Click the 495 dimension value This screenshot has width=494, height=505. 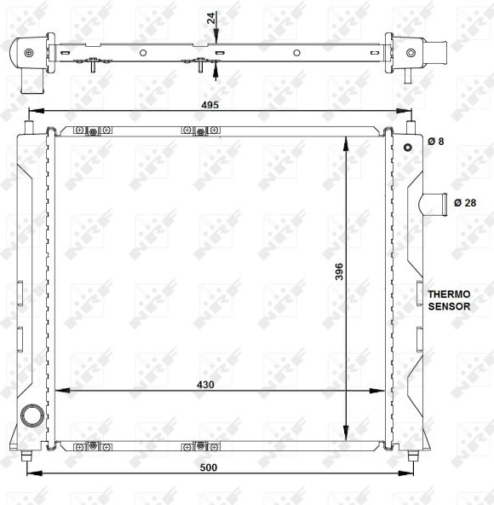[x=210, y=105]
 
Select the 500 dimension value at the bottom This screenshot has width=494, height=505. [x=209, y=467]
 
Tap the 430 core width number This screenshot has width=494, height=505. [x=205, y=385]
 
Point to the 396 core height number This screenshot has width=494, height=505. [x=339, y=271]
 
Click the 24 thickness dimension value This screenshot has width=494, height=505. [x=211, y=18]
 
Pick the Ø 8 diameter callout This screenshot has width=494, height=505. [x=436, y=141]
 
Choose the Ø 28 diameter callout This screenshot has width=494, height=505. [x=465, y=202]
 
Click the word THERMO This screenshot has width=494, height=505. [x=449, y=294]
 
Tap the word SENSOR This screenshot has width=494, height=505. [x=449, y=306]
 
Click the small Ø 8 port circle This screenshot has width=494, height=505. [x=408, y=148]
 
